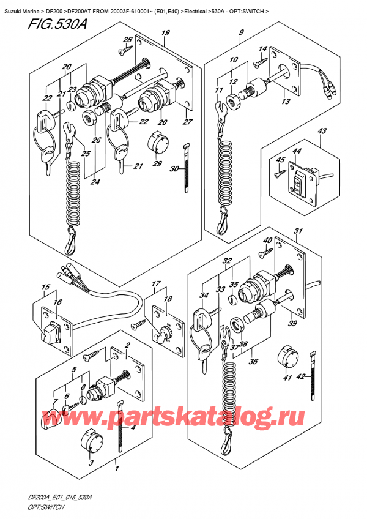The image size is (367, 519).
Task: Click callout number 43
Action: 322,131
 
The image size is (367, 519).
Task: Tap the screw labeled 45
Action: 281,173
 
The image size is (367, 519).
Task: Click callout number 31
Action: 298,231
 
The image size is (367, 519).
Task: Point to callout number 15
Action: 45,287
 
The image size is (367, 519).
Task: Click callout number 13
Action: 284,103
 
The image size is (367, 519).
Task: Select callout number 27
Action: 188,122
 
